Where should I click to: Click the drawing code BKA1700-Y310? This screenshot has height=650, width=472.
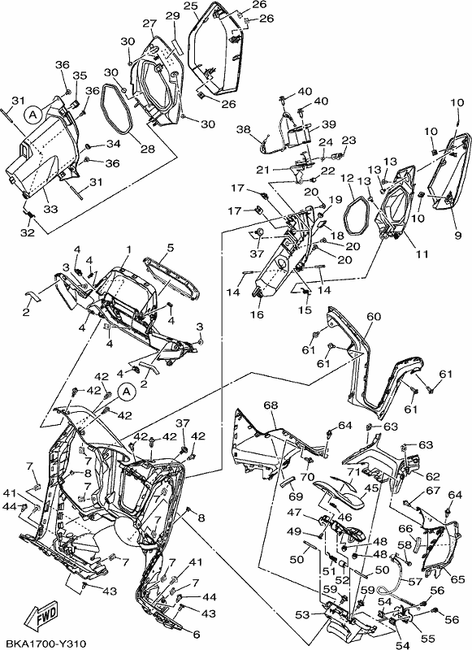[43, 644]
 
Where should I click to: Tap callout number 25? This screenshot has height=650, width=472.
[190, 6]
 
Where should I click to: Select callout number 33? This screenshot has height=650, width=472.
[50, 210]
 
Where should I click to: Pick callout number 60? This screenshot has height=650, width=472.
[374, 317]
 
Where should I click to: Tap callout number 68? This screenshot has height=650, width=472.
[271, 405]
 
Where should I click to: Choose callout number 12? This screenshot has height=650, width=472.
[348, 179]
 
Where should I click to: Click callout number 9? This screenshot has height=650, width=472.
[457, 235]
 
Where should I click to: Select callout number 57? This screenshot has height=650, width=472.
[415, 582]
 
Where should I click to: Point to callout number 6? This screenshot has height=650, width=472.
[197, 635]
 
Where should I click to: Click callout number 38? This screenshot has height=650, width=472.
[244, 130]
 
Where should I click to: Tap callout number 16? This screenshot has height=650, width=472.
[257, 314]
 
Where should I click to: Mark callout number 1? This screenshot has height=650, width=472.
[129, 249]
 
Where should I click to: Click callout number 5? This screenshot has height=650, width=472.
[171, 248]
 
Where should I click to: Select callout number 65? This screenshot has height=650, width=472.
[458, 579]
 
